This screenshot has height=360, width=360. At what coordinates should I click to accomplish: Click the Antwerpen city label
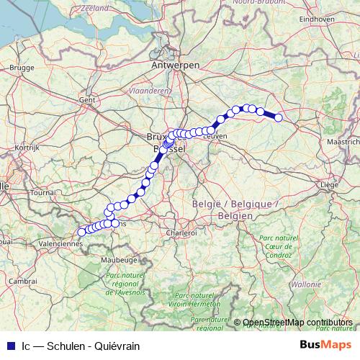(x=175, y=65)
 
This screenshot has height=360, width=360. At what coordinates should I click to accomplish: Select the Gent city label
(x=87, y=99)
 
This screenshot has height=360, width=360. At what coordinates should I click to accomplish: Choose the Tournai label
(x=43, y=193)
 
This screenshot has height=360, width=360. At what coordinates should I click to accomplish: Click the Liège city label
(x=328, y=185)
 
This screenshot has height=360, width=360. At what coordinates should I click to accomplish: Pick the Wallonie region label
(x=307, y=284)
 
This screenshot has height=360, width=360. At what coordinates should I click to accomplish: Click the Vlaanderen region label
(x=149, y=91)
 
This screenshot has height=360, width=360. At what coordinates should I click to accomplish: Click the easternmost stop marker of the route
(x=278, y=119)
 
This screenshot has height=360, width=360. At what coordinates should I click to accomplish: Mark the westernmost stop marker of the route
(x=81, y=232)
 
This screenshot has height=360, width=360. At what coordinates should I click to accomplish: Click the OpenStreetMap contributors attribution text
(x=297, y=323)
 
